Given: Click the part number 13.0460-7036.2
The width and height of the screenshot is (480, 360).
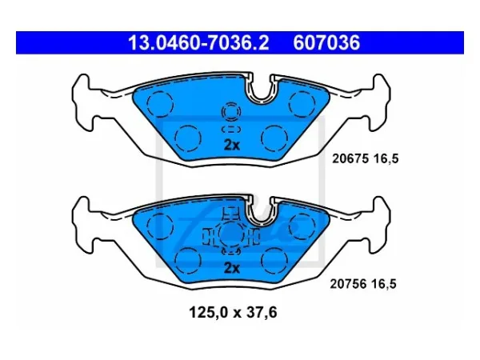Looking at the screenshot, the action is [x=198, y=43].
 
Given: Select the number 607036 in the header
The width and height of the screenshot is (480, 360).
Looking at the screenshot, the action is [x=326, y=43].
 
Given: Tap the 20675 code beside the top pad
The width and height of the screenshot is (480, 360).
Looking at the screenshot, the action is [x=350, y=159].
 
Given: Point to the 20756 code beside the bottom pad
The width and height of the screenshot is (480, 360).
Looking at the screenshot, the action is [x=348, y=284].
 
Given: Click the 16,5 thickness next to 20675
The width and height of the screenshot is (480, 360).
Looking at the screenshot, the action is [x=386, y=159].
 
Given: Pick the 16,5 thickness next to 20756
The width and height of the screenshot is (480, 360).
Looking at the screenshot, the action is [x=384, y=284].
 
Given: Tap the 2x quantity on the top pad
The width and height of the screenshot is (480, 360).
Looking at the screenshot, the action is [x=232, y=146].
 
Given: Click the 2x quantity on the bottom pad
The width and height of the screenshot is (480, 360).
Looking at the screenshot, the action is [x=232, y=268].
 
